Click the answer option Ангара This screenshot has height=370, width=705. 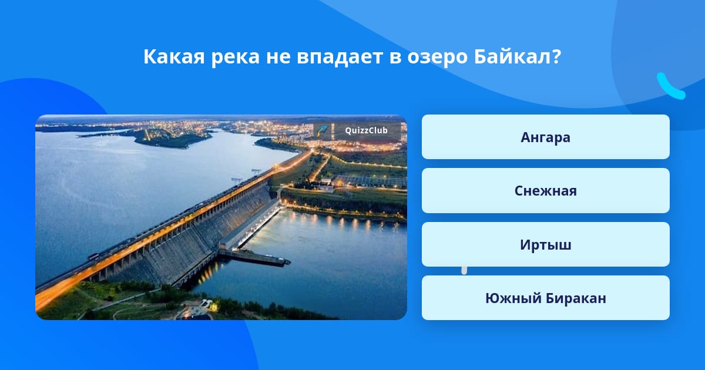point(545,137)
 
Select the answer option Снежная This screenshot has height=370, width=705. point(545,191)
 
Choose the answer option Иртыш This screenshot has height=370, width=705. point(545,244)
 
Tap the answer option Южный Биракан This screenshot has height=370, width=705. point(545,298)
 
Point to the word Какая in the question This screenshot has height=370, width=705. point(174,56)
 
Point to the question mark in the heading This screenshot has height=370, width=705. point(556,56)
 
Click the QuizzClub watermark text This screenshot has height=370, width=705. point(366,130)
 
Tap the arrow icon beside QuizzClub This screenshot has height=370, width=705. point(322,130)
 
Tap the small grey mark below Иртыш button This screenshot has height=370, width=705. point(464,270)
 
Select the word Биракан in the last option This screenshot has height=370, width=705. point(576,298)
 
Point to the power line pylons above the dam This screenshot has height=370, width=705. point(246,176)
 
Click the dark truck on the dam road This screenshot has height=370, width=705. point(93,256)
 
